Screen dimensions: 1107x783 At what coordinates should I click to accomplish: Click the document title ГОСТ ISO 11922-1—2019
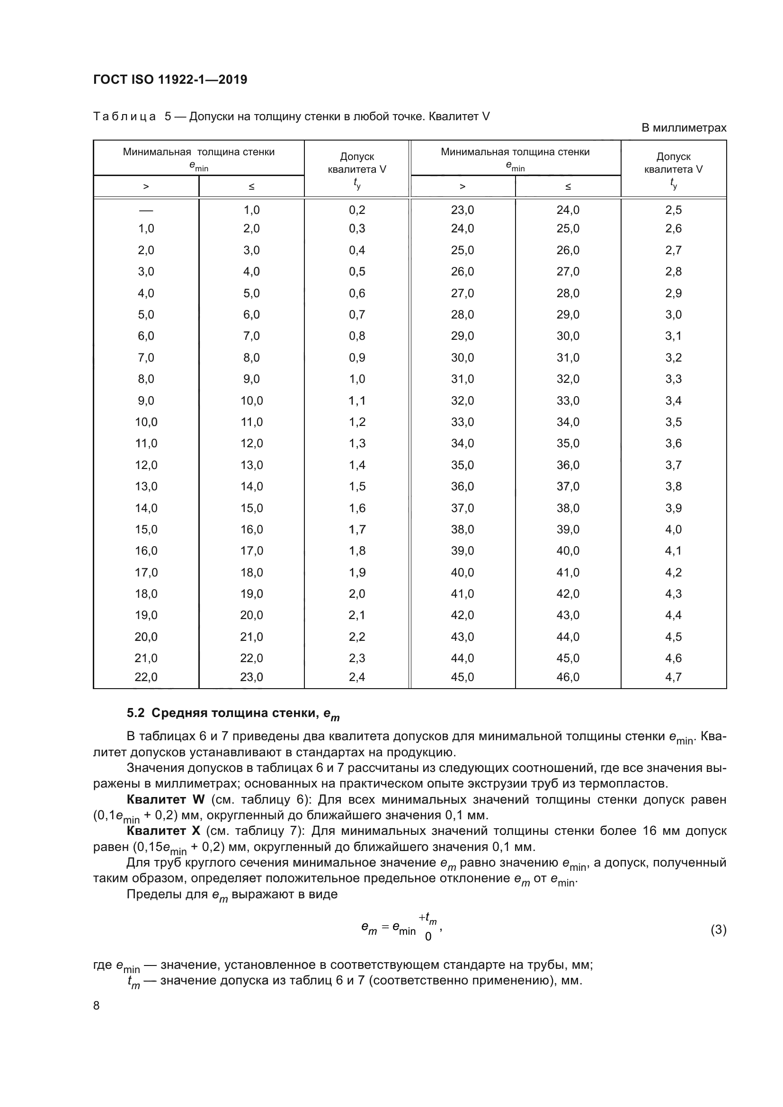170,80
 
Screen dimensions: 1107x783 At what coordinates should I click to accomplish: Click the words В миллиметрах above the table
683,128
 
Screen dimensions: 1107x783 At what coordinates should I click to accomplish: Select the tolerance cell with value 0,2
357,210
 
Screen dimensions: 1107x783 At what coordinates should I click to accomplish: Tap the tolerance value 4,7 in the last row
673,677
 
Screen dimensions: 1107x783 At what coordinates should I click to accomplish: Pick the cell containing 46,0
568,677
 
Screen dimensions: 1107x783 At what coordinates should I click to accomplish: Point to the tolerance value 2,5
673,210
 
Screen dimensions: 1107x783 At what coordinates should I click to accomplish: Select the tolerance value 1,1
357,401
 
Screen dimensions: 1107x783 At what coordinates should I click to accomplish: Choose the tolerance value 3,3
673,379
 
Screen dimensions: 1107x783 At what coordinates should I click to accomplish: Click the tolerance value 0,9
357,358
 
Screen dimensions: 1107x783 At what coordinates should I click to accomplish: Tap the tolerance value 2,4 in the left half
357,677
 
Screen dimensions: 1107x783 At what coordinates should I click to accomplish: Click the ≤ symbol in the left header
251,186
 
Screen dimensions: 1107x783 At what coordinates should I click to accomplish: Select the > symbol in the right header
463,186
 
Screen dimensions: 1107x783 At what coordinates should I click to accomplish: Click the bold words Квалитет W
165,799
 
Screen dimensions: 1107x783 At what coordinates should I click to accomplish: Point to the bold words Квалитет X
163,831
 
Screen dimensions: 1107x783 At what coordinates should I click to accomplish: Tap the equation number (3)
718,930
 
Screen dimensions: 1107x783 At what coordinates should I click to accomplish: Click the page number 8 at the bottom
97,1006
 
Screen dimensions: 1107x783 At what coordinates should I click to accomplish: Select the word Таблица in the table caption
125,117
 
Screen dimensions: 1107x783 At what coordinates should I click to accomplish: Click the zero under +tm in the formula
427,937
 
